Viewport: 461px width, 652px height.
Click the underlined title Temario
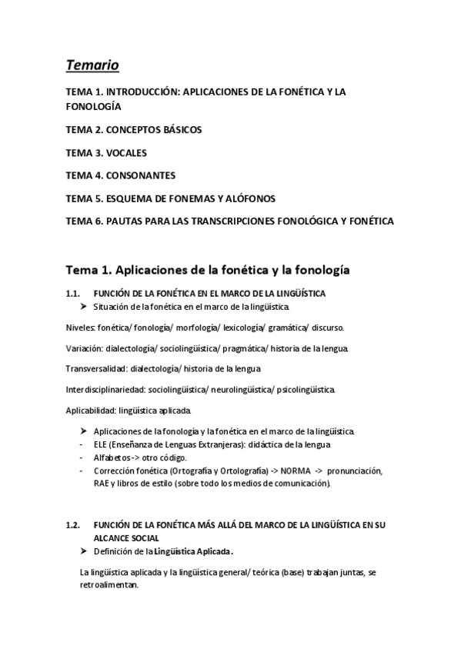(93, 65)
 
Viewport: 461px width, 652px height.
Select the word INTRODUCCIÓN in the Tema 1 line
(142, 91)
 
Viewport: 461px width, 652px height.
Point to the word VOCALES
(125, 152)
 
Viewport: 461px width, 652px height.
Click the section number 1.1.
(73, 294)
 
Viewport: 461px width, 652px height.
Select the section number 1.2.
(73, 525)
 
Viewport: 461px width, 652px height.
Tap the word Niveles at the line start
(81, 328)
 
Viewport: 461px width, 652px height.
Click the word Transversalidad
(95, 369)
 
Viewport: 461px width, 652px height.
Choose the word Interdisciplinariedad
(105, 390)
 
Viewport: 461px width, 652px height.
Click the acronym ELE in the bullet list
(101, 445)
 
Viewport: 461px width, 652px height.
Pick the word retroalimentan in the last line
(109, 585)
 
